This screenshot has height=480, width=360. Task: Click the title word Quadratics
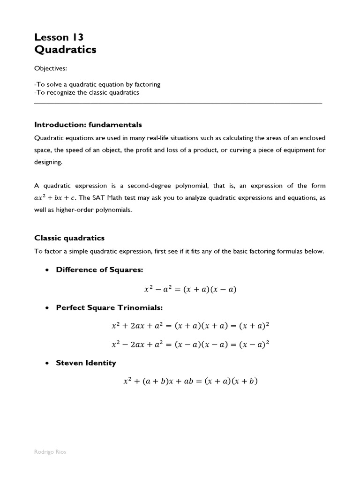(x=65, y=50)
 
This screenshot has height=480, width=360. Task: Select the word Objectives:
(x=51, y=68)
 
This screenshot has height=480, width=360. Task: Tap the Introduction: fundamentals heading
(x=88, y=125)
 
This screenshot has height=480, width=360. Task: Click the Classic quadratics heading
(x=69, y=238)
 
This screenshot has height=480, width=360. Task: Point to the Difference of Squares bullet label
(x=99, y=270)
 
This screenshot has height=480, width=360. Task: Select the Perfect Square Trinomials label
(x=109, y=307)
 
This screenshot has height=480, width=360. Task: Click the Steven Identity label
(x=86, y=363)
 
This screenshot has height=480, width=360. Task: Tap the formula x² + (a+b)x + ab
(x=190, y=381)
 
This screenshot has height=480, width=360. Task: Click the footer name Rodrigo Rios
(x=50, y=452)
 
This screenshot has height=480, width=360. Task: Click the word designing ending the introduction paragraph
(x=48, y=162)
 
